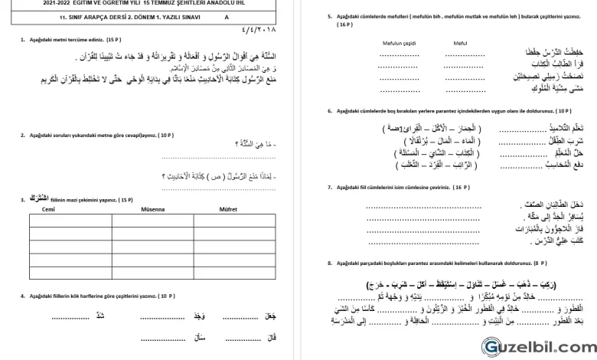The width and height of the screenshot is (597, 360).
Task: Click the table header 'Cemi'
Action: pos(47,208)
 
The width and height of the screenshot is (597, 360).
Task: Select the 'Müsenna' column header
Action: pos(142,208)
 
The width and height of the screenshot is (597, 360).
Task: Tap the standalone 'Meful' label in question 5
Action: pos(459,43)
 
